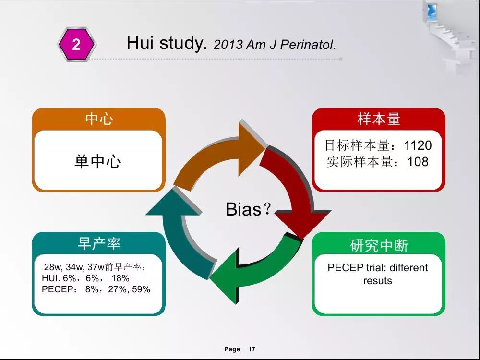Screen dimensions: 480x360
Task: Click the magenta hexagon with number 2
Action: point(76,44)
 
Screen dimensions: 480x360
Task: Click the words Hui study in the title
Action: point(167,43)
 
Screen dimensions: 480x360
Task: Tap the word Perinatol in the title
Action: point(308,45)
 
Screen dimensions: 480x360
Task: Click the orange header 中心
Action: point(99,119)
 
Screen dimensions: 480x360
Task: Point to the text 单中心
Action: point(98,161)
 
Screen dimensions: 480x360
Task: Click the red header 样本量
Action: point(379,119)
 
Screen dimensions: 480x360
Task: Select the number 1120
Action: point(418,145)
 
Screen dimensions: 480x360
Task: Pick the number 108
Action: point(418,162)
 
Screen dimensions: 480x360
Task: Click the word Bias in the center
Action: point(244,209)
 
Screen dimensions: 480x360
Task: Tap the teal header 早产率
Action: point(99,243)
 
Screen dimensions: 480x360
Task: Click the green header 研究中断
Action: point(379,245)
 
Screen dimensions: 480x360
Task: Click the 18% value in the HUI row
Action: point(120,278)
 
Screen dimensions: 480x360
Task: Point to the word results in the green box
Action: point(377,281)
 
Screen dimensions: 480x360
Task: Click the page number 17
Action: point(252,349)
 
